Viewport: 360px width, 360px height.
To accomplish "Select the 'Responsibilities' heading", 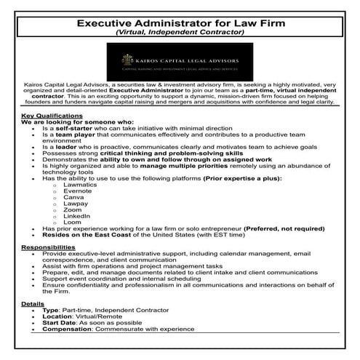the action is click(x=47, y=247).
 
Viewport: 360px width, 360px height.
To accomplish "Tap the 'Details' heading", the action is click(x=33, y=303).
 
